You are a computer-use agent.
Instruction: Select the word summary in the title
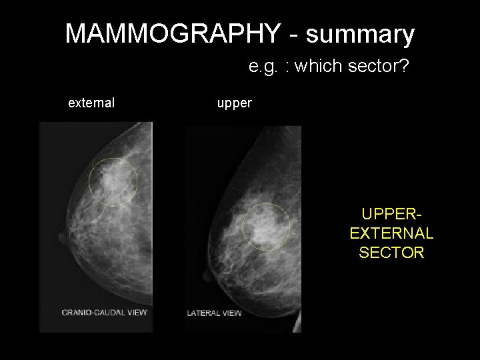362,33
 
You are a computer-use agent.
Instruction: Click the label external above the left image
91,103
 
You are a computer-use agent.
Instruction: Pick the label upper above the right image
234,104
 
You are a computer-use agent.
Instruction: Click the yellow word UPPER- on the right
391,215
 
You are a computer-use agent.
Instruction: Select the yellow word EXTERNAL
391,233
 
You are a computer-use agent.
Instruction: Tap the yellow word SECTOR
391,253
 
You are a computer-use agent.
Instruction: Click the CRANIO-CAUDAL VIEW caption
104,312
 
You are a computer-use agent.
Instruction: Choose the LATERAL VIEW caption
214,312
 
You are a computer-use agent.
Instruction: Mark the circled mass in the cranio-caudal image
113,180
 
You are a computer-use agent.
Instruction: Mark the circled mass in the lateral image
266,227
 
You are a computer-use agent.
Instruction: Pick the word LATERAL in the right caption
203,312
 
